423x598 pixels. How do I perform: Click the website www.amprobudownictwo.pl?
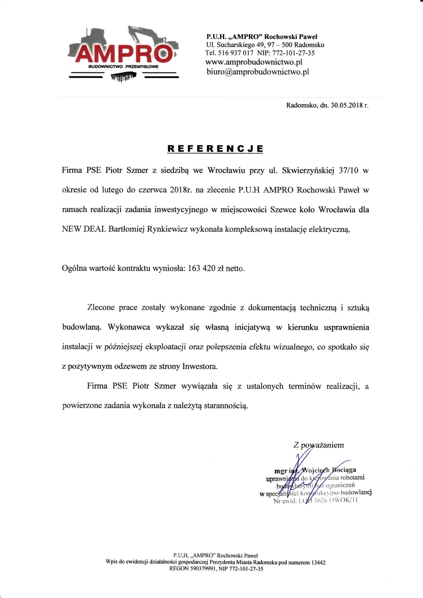click(254, 62)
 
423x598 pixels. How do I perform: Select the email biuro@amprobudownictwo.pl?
click(258, 72)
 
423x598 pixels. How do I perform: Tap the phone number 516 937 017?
click(236, 53)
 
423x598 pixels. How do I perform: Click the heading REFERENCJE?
click(215, 149)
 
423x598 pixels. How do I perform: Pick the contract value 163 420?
click(202, 268)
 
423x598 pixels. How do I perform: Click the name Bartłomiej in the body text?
click(126, 229)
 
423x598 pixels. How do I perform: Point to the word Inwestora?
click(200, 366)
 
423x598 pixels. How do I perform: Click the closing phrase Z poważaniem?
click(319, 445)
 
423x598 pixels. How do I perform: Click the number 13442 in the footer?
click(319, 562)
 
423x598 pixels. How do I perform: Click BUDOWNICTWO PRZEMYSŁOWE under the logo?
click(124, 67)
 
